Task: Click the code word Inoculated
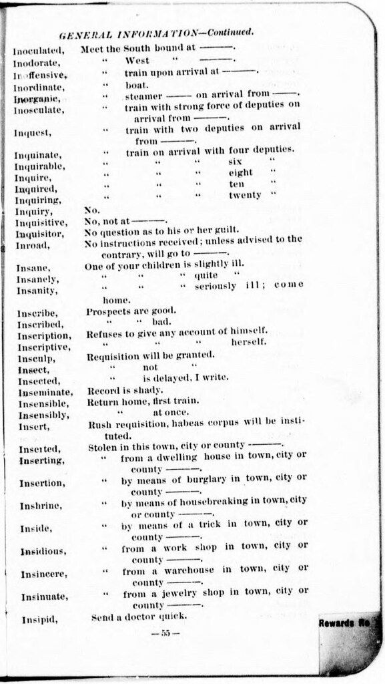pyautogui.click(x=39, y=50)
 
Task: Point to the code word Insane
pyautogui.click(x=32, y=269)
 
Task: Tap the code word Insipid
pyautogui.click(x=39, y=619)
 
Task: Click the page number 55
pyautogui.click(x=165, y=633)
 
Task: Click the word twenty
pyautogui.click(x=245, y=195)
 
